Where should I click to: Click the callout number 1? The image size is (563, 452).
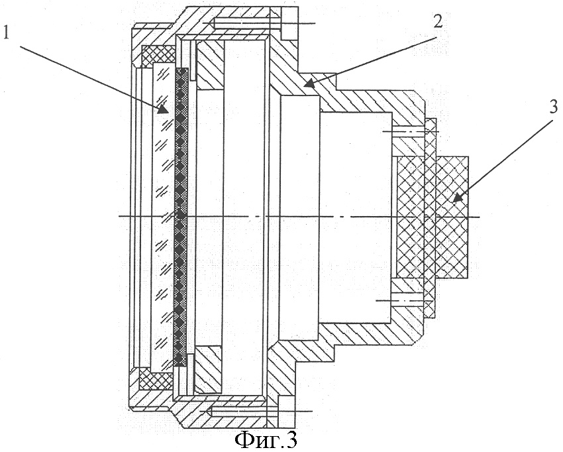[7, 32]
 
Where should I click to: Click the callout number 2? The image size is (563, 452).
[437, 21]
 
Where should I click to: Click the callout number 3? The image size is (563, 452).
[552, 107]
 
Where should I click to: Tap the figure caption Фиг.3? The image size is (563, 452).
[266, 439]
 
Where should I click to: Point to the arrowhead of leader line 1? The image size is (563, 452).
[164, 109]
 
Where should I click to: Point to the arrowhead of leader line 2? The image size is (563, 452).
[307, 84]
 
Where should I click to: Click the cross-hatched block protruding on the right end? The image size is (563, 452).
[452, 217]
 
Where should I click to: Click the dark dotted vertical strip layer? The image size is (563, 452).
[181, 217]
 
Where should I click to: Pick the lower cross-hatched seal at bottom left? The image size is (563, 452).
[156, 378]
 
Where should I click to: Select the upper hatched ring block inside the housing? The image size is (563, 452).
[210, 65]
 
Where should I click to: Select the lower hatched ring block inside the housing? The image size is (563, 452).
[207, 369]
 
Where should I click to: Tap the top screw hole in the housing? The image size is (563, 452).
[244, 23]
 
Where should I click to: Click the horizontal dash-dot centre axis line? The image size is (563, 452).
[299, 216]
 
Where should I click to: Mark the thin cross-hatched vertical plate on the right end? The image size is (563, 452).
[430, 218]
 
